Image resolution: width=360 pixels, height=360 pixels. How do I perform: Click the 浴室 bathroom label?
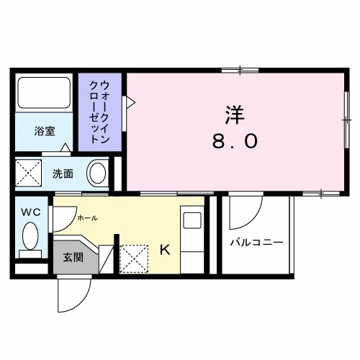coord(45,131)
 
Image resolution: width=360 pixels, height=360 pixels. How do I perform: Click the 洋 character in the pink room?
coord(234,114)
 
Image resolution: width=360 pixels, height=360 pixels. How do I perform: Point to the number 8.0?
coord(235,141)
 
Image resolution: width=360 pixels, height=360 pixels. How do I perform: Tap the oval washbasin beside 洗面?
coord(96,173)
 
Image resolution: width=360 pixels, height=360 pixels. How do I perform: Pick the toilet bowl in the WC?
coord(31,235)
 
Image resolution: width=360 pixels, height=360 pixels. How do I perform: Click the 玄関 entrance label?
coord(73,257)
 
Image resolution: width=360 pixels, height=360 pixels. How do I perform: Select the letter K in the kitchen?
coord(164,250)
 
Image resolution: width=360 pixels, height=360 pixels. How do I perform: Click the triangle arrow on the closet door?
coord(130,103)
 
